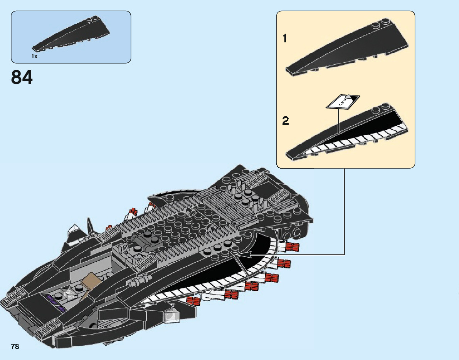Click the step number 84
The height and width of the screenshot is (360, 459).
(22, 77)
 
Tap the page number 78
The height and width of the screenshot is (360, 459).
(15, 347)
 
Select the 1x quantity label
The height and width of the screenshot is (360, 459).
(35, 56)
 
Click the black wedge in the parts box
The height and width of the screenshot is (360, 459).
(71, 37)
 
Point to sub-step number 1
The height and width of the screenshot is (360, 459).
(285, 39)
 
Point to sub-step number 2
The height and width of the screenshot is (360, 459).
(286, 121)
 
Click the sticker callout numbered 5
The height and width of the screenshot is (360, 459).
(342, 102)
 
